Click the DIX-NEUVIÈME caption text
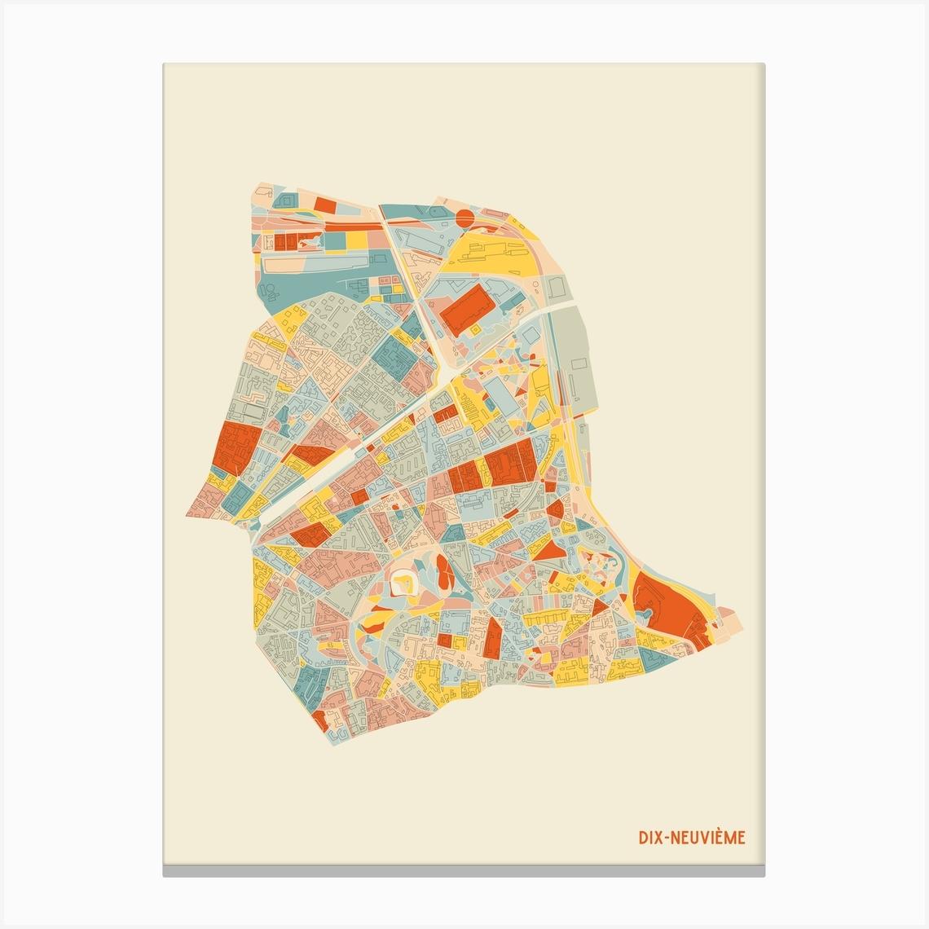click(691, 839)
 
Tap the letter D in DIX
click(642, 839)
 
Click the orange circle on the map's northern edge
click(464, 217)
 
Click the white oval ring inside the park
click(403, 581)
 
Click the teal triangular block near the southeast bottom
click(652, 656)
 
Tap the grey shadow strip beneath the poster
click(464, 871)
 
